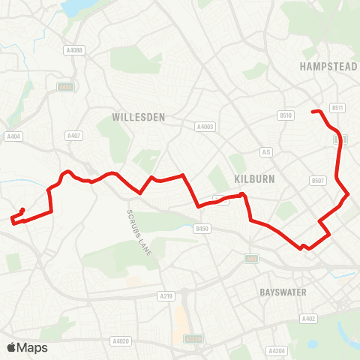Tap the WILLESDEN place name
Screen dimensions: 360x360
click(138, 118)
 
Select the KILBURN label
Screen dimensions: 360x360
click(255, 179)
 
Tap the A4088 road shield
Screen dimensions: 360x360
click(73, 50)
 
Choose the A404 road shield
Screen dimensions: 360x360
click(13, 136)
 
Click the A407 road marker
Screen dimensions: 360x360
click(73, 136)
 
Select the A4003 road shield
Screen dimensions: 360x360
click(205, 127)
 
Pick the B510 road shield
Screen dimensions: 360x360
click(285, 115)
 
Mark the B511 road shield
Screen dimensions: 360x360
click(337, 108)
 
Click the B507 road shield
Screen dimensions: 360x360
click(318, 181)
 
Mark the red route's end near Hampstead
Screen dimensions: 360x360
click(313, 112)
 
